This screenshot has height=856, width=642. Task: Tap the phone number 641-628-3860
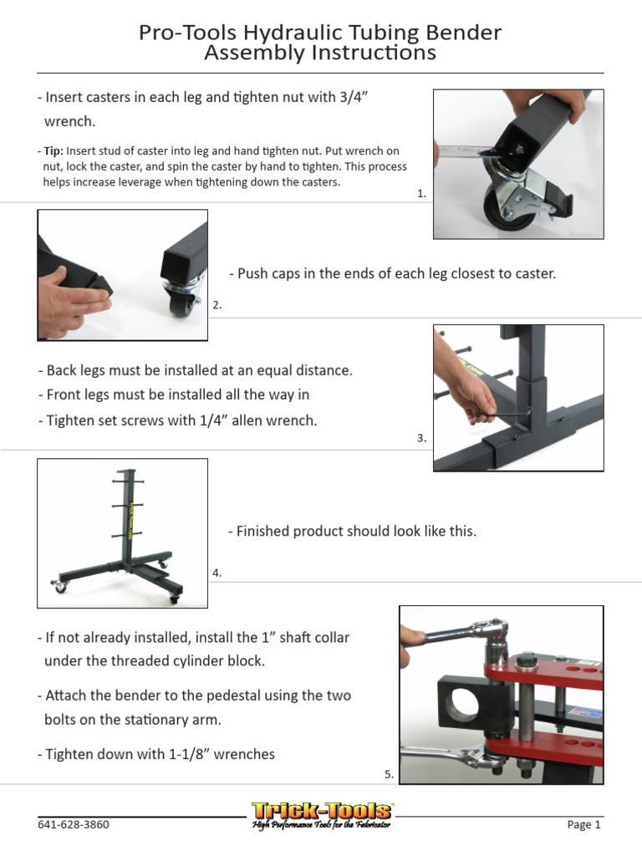[x=74, y=825]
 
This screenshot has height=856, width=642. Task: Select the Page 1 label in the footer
[x=584, y=825]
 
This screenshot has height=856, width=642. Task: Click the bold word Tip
[x=53, y=151]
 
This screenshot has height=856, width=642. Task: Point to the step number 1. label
[x=421, y=193]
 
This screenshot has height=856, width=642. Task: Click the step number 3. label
[x=421, y=437]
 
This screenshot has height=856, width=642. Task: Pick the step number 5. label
[x=389, y=775]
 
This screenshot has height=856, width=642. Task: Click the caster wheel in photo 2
[x=181, y=304]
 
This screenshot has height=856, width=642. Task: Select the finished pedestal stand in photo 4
[x=125, y=535]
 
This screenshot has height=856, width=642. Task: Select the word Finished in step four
[x=262, y=531]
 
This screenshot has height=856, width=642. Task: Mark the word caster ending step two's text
[x=536, y=273]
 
